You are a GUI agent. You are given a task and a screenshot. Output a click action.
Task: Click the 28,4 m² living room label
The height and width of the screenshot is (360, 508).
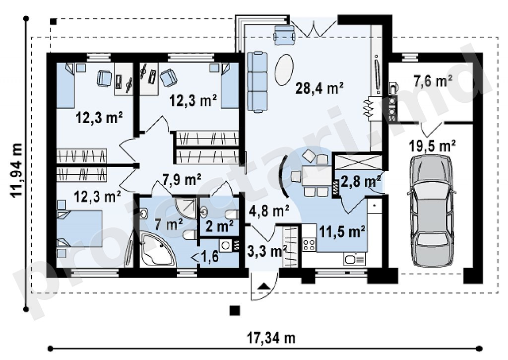pos(319,88)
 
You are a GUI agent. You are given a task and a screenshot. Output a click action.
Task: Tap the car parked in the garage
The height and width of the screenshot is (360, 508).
pos(431,211)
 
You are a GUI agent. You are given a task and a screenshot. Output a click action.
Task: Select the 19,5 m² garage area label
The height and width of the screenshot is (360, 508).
pos(432,146)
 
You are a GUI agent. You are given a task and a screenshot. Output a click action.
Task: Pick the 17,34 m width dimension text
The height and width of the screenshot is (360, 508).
pos(271,338)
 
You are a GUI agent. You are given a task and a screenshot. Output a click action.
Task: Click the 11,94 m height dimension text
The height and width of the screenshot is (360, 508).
pos(16,170)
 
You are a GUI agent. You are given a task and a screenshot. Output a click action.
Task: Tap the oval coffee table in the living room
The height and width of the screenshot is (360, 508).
pos(284,70)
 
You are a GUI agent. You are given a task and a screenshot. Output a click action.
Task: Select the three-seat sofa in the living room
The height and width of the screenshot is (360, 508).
pos(257,82)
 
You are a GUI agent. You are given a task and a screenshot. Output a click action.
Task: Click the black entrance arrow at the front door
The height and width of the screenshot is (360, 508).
pos(265,286)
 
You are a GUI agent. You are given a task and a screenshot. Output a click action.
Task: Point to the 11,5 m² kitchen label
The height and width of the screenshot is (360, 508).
pos(342,231)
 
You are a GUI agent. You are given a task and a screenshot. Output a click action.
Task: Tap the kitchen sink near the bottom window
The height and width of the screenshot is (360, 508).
pos(354,259)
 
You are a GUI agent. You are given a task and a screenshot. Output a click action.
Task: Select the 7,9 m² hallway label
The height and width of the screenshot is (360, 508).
pos(182,179)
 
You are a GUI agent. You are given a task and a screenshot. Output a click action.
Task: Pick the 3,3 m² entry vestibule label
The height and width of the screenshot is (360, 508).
pos(267,251)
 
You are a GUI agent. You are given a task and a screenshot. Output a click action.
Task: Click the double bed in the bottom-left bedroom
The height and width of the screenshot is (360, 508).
pos(79,228)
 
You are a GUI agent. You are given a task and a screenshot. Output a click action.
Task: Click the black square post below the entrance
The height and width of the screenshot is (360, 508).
pos(235,311)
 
